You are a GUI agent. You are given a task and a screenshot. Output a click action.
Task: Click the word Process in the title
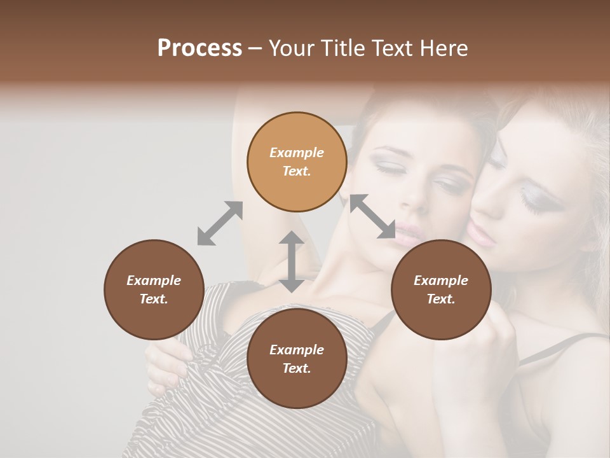pos(200,48)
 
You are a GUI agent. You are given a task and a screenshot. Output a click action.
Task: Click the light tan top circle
pos(297,162)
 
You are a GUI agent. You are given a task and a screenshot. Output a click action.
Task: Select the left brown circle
pos(154,289)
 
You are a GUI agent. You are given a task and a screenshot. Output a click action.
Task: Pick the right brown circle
pos(441,289)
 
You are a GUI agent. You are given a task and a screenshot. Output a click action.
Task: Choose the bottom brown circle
pos(297,359)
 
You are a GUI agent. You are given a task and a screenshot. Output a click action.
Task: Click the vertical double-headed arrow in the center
pos(292,261)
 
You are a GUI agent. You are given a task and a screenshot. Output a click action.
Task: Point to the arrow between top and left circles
pos(220,223)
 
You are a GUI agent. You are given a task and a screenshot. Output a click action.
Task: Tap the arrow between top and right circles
pos(372,216)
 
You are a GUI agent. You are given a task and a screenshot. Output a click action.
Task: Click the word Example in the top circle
pos(297,153)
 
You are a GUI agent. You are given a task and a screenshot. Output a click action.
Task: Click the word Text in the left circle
pos(154,299)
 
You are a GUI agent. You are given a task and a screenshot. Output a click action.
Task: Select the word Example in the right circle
pos(441,281)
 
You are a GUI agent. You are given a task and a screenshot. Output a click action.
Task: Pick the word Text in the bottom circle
pos(297,368)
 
